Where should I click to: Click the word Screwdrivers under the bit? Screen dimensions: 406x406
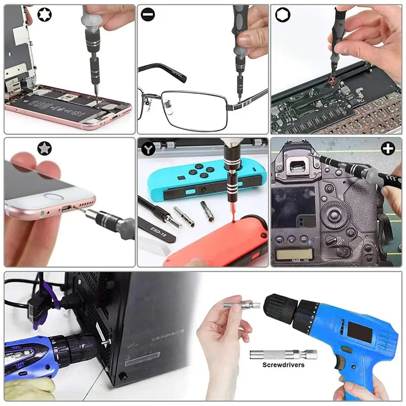[x=283, y=364]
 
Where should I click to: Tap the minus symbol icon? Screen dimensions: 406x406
[x=148, y=16]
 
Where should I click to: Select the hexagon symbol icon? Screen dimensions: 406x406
[x=282, y=15]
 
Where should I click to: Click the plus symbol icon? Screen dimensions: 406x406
[x=388, y=148]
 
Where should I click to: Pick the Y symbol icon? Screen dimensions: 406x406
[x=148, y=149]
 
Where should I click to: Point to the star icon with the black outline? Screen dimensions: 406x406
[x=16, y=16]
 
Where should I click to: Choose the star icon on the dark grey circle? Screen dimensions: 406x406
[x=44, y=148]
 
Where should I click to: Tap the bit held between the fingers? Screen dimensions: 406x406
[x=241, y=306]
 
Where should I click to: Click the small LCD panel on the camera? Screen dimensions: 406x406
[x=294, y=254]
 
